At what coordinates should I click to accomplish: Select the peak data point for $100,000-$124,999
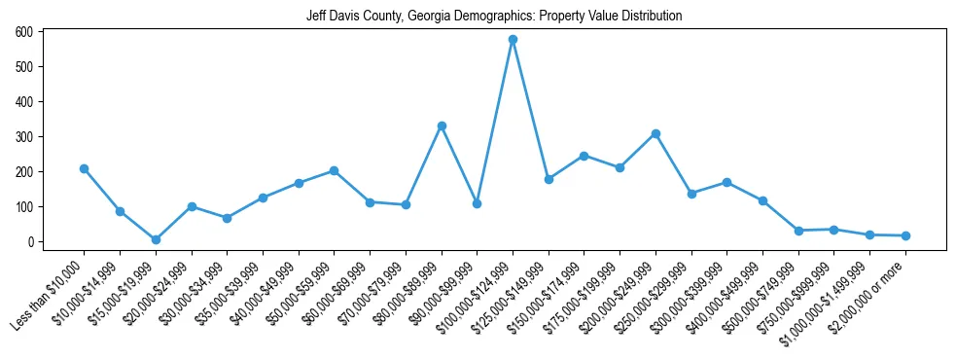coord(513,40)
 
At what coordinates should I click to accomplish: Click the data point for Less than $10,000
coord(85,168)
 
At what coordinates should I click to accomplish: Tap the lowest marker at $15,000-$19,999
coord(156,239)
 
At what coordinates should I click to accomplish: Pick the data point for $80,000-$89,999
coord(442,126)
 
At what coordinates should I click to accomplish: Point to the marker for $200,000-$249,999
coord(655,133)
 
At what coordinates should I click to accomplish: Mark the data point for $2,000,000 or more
coord(905,235)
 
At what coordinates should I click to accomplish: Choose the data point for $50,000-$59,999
coord(334,170)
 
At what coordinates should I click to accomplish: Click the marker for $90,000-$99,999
coord(477,203)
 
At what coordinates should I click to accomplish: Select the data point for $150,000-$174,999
coord(584,156)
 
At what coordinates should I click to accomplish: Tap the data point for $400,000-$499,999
coord(762,200)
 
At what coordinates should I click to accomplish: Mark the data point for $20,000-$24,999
coord(192,206)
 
